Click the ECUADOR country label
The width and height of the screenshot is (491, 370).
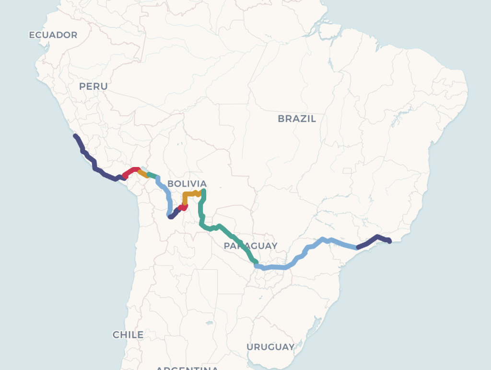pyautogui.click(x=53, y=35)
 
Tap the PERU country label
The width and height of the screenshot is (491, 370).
pyautogui.click(x=94, y=86)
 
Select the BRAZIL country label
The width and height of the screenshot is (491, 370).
pyautogui.click(x=297, y=119)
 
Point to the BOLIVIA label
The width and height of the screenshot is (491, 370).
pyautogui.click(x=187, y=184)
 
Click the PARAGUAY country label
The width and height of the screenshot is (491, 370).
pyautogui.click(x=250, y=246)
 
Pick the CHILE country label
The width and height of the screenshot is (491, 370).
pyautogui.click(x=128, y=334)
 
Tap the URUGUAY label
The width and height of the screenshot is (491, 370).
pyautogui.click(x=270, y=346)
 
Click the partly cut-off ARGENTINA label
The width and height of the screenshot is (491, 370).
pyautogui.click(x=187, y=368)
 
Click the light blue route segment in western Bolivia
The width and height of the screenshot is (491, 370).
pyautogui.click(x=166, y=194)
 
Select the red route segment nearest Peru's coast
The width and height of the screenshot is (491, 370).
pyautogui.click(x=130, y=171)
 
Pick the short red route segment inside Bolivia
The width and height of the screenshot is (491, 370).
pyautogui.click(x=183, y=208)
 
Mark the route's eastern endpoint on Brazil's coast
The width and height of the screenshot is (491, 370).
pyautogui.click(x=389, y=241)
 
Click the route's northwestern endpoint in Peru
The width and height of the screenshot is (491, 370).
pyautogui.click(x=75, y=136)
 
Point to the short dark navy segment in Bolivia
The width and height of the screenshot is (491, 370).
pyautogui.click(x=173, y=214)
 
